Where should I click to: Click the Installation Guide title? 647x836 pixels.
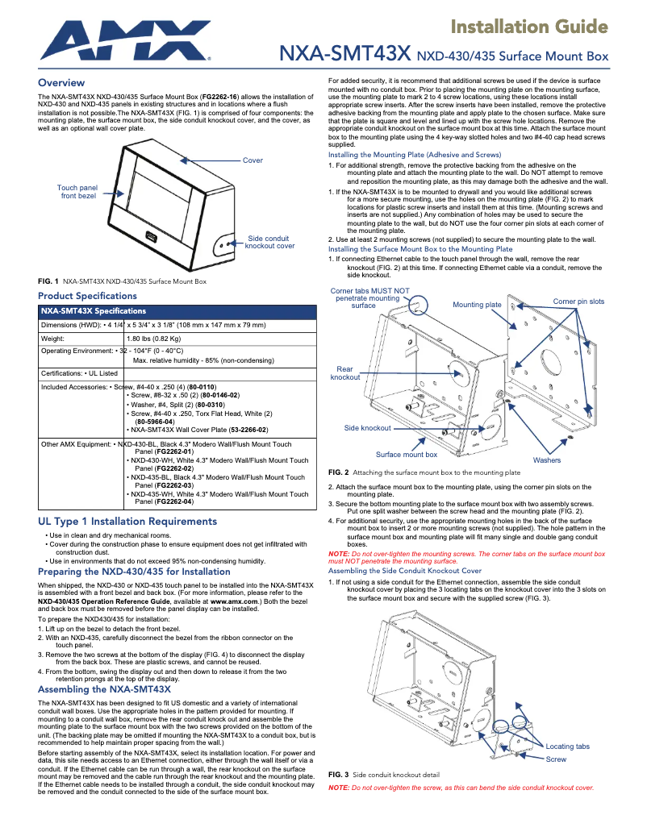[528, 27]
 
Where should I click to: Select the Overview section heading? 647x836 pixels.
[61, 83]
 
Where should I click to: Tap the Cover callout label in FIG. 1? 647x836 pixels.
[253, 160]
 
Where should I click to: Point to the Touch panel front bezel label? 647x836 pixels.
[77, 192]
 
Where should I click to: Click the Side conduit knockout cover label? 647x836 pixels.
[269, 242]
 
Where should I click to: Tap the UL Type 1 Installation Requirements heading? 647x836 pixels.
[127, 522]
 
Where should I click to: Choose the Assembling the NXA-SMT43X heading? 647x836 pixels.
[104, 689]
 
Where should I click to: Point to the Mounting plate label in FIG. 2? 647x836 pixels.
[477, 305]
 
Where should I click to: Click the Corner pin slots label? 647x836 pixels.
[578, 302]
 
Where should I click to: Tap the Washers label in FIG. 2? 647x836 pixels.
[547, 460]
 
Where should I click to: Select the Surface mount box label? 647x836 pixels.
[406, 455]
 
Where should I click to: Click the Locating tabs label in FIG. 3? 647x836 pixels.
[567, 747]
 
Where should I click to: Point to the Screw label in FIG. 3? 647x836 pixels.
[556, 759]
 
